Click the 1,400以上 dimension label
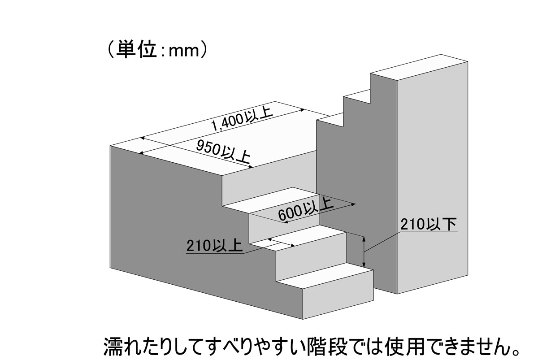[242, 119]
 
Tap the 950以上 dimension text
[223, 152]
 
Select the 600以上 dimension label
[306, 208]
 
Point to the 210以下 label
[428, 225]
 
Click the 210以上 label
[214, 246]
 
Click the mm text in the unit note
[184, 52]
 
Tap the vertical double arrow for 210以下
[364, 252]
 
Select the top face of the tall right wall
[419, 68]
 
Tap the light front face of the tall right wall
[432, 178]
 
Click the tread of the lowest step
[325, 275]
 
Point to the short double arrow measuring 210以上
[281, 243]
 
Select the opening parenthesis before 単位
[111, 50]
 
